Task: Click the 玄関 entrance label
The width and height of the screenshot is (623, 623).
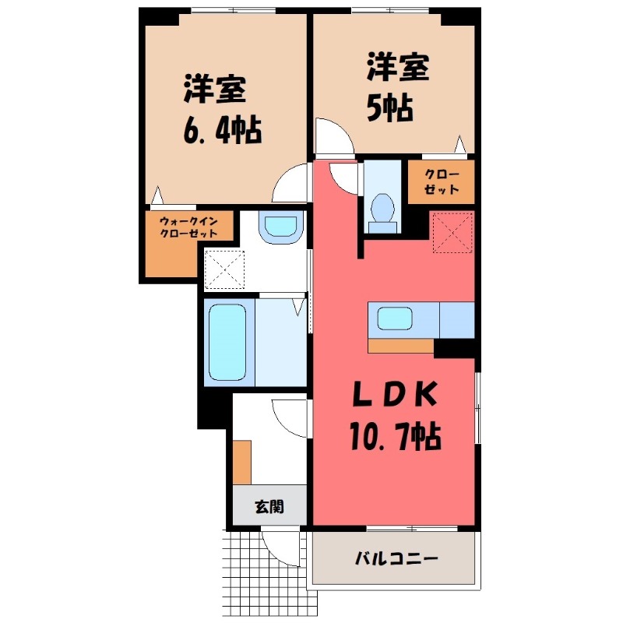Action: (269, 507)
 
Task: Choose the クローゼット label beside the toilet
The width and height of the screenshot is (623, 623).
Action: (441, 181)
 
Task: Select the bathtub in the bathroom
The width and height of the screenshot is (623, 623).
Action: (227, 342)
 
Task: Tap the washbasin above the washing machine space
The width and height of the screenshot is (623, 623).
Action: (280, 227)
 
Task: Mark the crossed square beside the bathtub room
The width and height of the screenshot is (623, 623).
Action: (224, 269)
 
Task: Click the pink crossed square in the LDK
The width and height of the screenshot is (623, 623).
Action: (452, 232)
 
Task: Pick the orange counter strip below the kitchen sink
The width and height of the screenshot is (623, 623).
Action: (400, 346)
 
